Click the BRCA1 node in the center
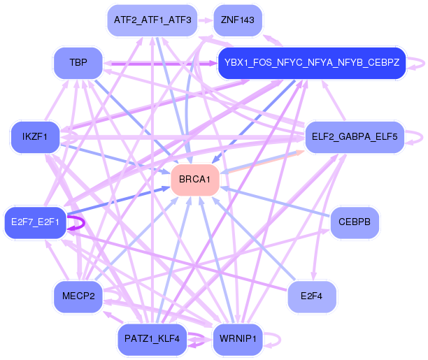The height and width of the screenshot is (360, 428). click(195, 180)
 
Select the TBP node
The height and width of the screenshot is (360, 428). click(78, 63)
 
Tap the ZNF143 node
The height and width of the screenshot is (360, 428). click(238, 20)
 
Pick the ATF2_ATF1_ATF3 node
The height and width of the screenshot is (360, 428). click(152, 20)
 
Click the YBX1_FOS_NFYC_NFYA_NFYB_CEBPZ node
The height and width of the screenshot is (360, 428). click(312, 63)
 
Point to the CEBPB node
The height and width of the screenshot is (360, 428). click(355, 222)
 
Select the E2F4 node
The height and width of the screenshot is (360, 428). click(312, 296)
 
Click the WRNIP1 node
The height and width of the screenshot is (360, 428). click(238, 340)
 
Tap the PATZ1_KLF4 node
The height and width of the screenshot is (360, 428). click(152, 340)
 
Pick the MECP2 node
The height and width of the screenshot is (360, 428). click(78, 296)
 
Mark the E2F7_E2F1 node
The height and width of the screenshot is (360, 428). click(35, 222)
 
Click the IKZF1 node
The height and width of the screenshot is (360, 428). click(35, 137)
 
